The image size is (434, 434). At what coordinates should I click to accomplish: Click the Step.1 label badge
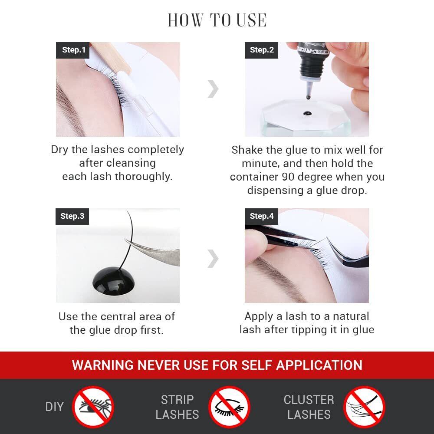(72, 50)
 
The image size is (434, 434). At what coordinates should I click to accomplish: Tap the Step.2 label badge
(261, 50)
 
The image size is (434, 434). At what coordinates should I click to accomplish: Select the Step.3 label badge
(72, 216)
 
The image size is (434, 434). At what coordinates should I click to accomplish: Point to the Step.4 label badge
(261, 216)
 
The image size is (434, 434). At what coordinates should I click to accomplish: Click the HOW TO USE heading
(217, 20)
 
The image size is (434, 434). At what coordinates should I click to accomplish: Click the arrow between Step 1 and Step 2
(213, 89)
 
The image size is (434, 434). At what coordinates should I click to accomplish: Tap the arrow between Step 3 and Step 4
(213, 259)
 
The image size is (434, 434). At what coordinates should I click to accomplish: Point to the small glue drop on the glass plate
(307, 113)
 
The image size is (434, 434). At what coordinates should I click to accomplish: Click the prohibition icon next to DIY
(93, 407)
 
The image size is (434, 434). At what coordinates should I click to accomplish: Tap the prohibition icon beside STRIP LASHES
(229, 407)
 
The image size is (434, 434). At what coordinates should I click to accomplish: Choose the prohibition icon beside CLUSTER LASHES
(364, 407)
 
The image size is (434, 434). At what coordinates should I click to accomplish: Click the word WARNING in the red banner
(103, 365)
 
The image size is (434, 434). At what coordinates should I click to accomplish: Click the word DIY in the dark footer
(55, 407)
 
